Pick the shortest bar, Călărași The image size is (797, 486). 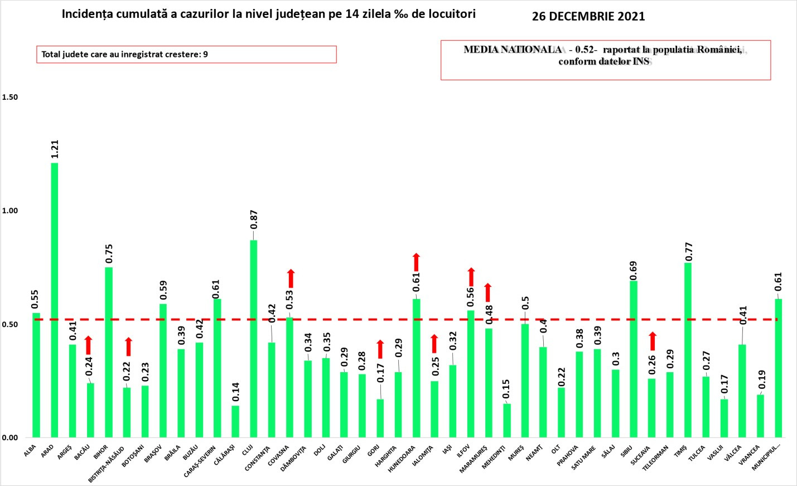click(x=235, y=421)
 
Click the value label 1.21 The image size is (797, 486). click(x=55, y=149)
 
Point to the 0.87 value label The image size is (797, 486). click(x=254, y=220)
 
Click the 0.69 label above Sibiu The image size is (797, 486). click(x=634, y=271)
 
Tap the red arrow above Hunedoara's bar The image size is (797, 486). click(x=416, y=262)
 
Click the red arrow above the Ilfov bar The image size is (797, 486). click(x=471, y=277)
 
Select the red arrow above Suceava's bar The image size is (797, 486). click(x=653, y=341)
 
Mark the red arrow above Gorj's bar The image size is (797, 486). click(x=380, y=349)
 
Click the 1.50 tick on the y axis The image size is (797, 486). click(x=10, y=97)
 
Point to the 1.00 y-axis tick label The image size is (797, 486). click(x=10, y=211)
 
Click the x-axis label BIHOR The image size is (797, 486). click(x=101, y=452)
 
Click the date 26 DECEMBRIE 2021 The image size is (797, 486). click(x=588, y=16)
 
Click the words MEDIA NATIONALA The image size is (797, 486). click(x=513, y=50)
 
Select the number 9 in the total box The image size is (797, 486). click(x=206, y=54)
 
